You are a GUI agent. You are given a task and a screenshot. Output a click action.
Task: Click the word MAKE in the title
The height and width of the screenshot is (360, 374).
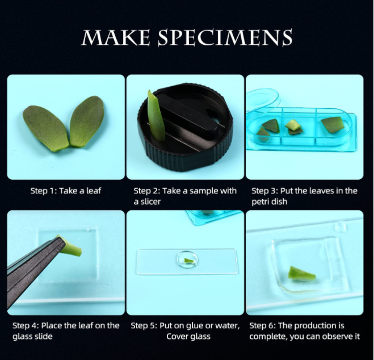[116, 37]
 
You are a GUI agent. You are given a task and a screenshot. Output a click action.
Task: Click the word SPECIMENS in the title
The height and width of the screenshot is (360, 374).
[225, 37]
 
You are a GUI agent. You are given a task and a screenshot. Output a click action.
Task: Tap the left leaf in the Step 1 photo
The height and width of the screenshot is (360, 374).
[46, 128]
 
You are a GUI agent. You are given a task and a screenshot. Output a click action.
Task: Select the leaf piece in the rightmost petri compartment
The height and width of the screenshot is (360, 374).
[333, 124]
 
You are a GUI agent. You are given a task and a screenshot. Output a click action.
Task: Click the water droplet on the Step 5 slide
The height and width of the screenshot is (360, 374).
[188, 260]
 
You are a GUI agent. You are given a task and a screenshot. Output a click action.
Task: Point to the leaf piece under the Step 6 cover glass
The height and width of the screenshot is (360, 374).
[301, 274]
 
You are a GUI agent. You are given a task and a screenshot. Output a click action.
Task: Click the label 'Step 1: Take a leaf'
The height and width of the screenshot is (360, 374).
[66, 190]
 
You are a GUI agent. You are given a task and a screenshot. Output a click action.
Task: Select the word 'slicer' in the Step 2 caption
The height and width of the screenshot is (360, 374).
[149, 202]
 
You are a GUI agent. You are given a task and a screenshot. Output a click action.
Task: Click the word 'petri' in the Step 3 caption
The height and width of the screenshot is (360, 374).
[261, 202]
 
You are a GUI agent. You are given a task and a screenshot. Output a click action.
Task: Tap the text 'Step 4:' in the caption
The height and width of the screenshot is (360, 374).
[26, 325]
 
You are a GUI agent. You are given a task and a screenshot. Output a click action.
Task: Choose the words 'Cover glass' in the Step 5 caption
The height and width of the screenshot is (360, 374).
[188, 336]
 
